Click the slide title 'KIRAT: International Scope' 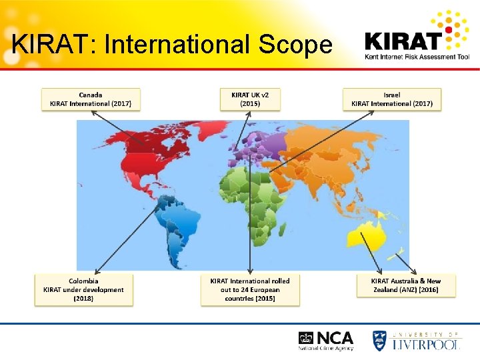172,44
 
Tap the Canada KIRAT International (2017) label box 91,99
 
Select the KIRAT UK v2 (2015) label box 250,99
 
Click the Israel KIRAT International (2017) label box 392,99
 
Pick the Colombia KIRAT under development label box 84,290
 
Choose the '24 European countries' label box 250,290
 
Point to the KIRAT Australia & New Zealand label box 405,285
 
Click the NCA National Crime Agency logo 326,340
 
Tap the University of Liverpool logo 416,340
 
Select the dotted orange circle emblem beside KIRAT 456,30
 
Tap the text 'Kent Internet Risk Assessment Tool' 417,57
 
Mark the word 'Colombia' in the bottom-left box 83,281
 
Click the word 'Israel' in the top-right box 392,95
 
